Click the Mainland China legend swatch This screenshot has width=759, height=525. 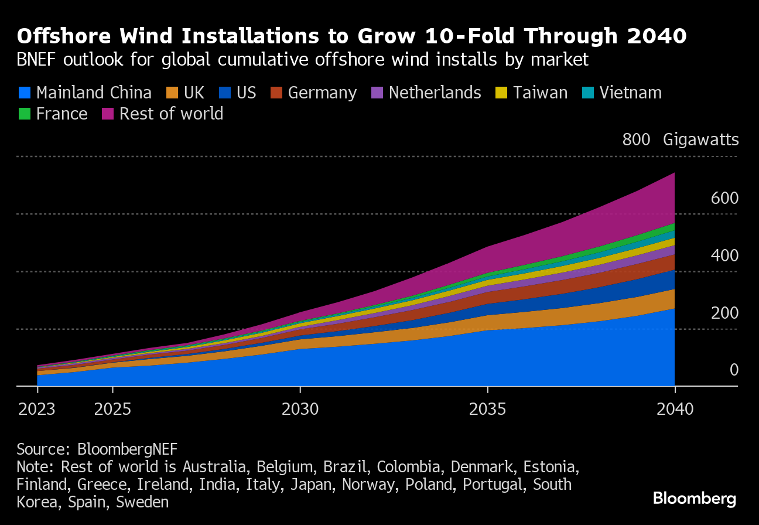coord(25,93)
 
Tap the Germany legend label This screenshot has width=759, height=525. coord(322,93)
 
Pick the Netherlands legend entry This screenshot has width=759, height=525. coord(435,93)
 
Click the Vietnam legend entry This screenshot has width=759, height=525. coord(630,93)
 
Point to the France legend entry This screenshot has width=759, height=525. coord(61,113)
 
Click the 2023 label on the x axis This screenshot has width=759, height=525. coord(37,409)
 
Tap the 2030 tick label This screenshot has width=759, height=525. coord(300,409)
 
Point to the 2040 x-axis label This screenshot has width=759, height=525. coord(675,409)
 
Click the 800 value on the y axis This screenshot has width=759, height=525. coord(636,140)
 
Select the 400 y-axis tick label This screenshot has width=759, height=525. coord(724,255)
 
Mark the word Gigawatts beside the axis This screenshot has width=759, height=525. coord(701,140)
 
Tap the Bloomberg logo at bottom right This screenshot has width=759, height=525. coord(695,499)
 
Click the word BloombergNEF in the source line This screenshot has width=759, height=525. coord(127,449)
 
